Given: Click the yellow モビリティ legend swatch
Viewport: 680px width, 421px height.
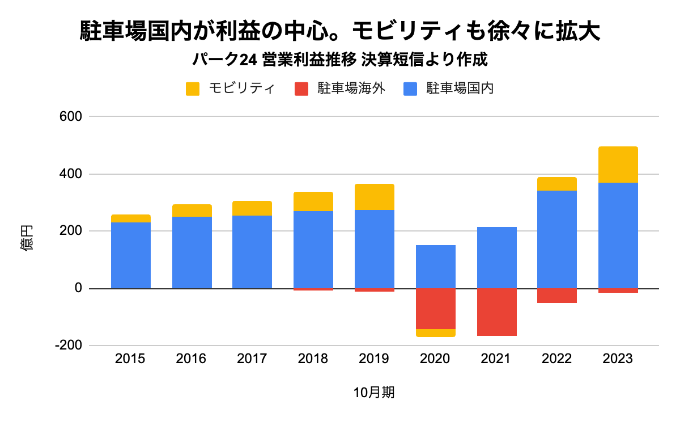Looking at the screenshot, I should click(193, 89).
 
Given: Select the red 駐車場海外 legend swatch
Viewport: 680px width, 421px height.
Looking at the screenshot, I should click(301, 89).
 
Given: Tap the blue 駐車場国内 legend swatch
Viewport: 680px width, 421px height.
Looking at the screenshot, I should click(410, 89).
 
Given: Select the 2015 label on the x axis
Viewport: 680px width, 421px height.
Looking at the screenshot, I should click(130, 359).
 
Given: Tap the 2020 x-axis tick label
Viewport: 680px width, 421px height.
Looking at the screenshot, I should click(435, 359).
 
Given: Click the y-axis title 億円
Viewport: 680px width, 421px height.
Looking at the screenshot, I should click(28, 239).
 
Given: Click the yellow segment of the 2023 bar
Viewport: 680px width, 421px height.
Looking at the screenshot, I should click(618, 165).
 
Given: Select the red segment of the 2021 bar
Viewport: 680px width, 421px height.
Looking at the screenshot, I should click(496, 312).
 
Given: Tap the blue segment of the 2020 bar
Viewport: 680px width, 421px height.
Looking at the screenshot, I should click(435, 267).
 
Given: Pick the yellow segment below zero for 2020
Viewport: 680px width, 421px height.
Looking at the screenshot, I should click(435, 333).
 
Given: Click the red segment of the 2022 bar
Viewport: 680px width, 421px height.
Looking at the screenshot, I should click(557, 296).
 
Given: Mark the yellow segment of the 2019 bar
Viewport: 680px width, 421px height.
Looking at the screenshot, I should click(374, 197).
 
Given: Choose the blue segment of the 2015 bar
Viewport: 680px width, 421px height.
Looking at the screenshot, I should click(130, 255).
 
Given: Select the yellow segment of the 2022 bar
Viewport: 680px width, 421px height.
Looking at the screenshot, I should click(557, 184).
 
